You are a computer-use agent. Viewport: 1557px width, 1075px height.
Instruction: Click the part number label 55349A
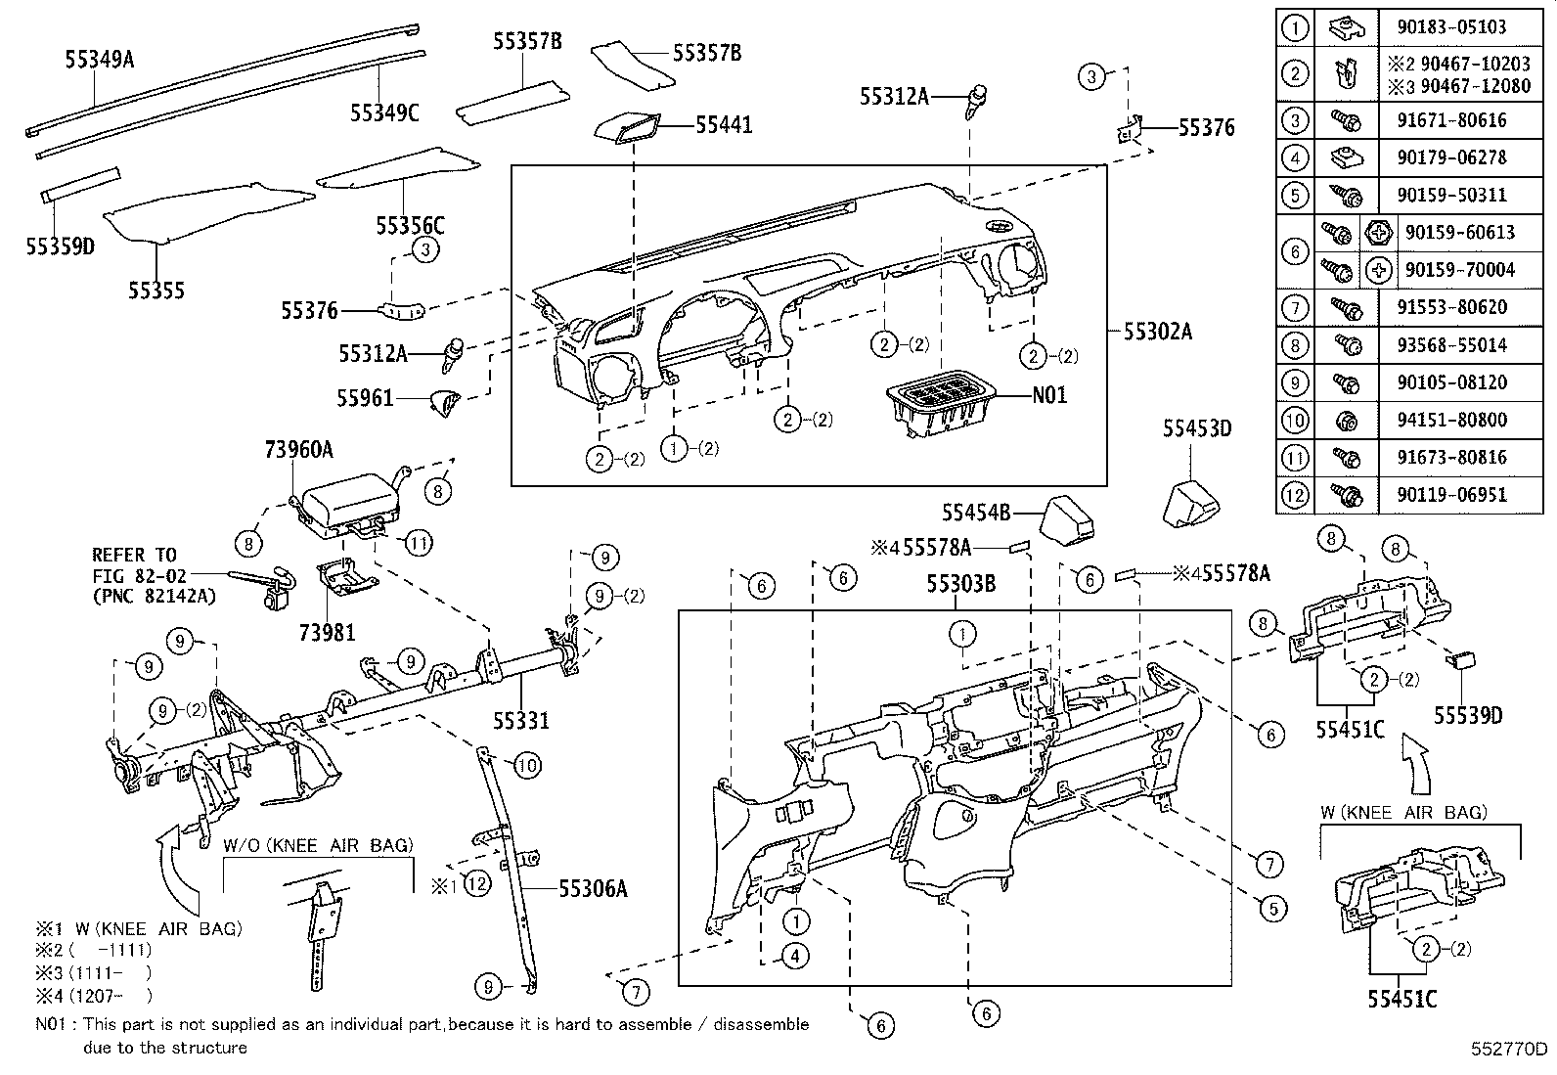click(x=99, y=60)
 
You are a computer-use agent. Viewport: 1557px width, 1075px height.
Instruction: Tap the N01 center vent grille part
click(x=940, y=400)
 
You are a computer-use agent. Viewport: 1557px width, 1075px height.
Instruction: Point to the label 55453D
click(x=1196, y=427)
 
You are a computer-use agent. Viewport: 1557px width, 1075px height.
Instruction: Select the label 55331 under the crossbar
click(x=520, y=722)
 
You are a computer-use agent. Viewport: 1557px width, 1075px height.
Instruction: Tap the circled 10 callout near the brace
click(x=526, y=765)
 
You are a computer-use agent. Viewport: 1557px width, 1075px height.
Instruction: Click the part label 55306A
click(x=593, y=888)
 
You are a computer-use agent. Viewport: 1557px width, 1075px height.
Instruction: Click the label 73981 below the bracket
click(x=328, y=632)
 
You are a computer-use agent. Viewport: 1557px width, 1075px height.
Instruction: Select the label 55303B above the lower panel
click(x=960, y=585)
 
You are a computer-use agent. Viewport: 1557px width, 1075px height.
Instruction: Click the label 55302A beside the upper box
click(x=1157, y=332)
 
